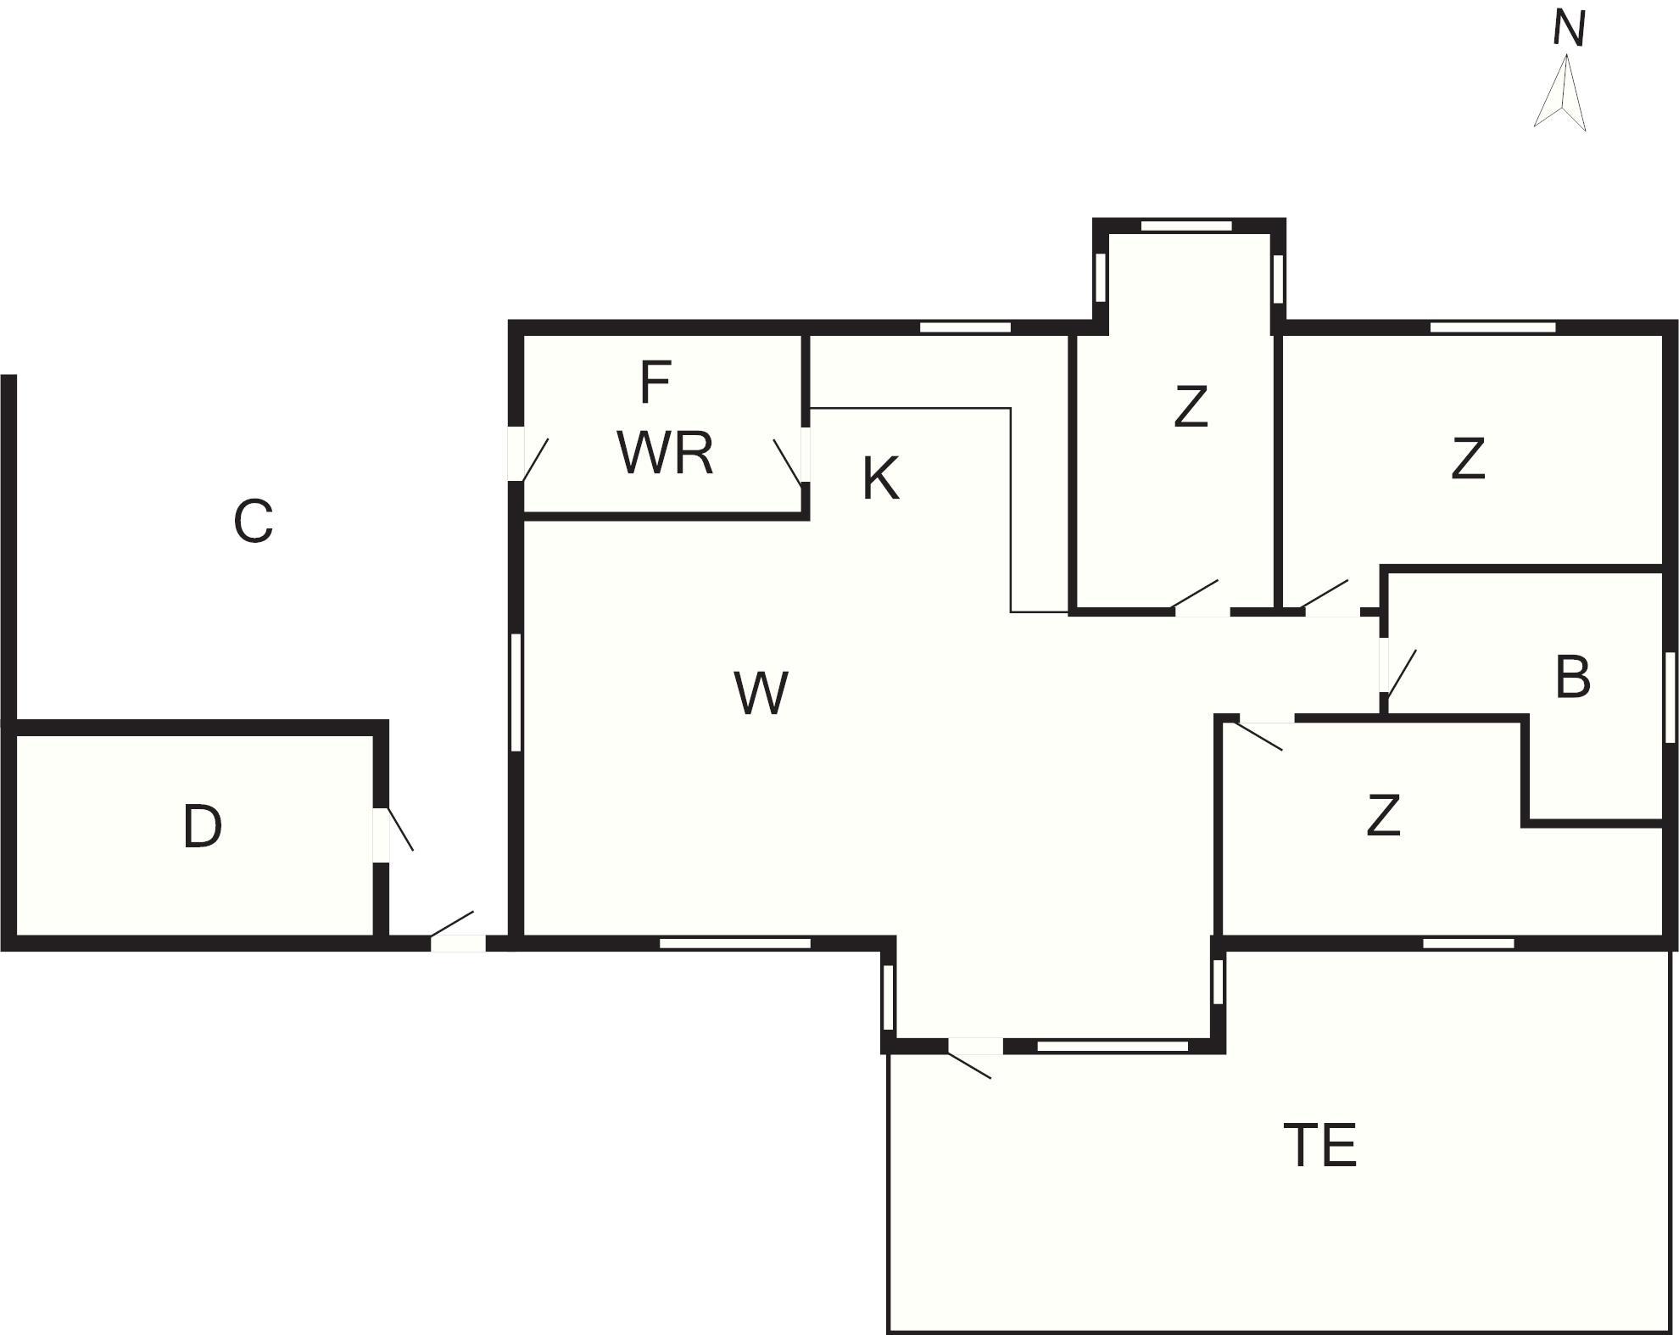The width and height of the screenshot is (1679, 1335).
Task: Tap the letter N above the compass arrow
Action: [1569, 29]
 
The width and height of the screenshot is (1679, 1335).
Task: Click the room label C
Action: [253, 521]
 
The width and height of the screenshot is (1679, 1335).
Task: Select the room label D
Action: [202, 827]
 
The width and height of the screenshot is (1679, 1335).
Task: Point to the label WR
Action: [665, 454]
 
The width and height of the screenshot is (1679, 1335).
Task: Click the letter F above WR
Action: [655, 383]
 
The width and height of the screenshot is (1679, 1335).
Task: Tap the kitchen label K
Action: [880, 479]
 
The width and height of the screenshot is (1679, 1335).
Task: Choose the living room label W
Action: [761, 694]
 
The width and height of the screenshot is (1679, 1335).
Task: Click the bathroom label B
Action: [1572, 678]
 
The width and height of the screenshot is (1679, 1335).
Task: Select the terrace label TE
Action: [1320, 1145]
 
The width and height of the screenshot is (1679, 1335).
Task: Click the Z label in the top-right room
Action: [1468, 459]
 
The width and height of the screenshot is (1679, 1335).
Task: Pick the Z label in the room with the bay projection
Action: [1191, 407]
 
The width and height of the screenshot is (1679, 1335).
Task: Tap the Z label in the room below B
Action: [1383, 815]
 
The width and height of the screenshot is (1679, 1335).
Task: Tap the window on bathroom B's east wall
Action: [1671, 697]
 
